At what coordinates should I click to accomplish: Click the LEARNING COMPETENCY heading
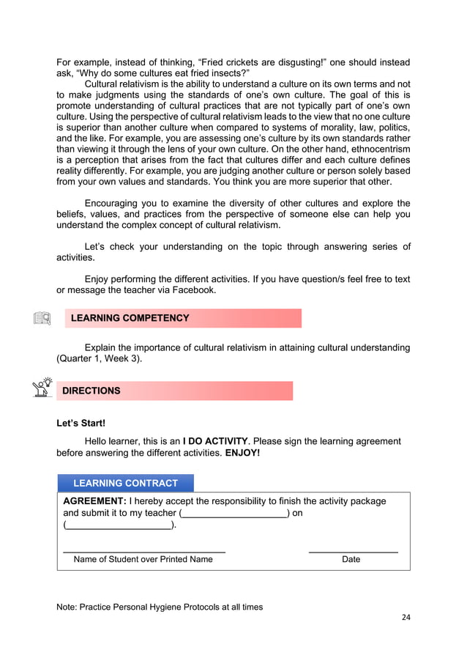pos(130,318)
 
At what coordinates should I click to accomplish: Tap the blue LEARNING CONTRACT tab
pos(125,483)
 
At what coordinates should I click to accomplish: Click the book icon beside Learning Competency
pos(42,319)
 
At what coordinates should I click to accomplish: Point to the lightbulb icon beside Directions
pos(43,387)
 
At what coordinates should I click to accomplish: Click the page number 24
pos(406,617)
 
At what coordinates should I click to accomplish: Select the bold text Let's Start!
pos(81,424)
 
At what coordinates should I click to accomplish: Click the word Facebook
pos(193,289)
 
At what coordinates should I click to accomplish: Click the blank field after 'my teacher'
pos(233,513)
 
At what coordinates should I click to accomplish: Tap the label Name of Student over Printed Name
pos(143,559)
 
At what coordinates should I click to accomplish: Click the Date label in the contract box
pos(351,559)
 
